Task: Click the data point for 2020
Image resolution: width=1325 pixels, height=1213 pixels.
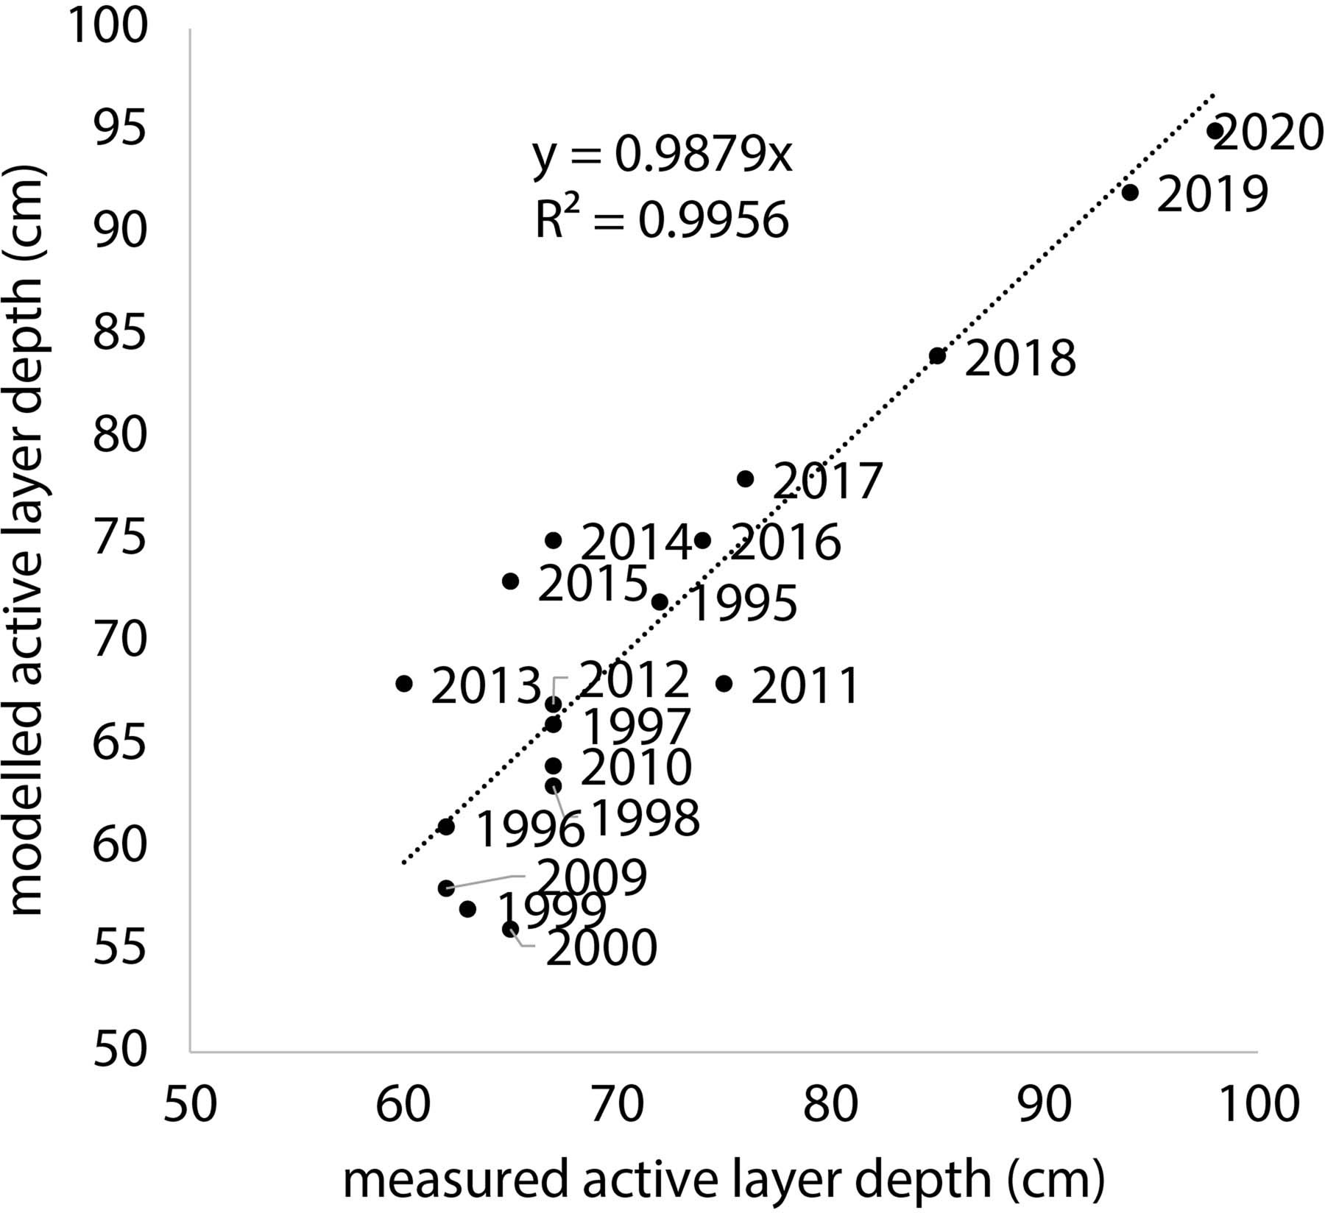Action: (1215, 131)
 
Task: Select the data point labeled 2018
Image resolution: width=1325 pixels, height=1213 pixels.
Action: (937, 356)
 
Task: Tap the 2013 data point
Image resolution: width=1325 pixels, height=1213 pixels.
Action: (404, 683)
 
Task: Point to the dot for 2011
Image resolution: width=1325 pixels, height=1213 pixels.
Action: (724, 683)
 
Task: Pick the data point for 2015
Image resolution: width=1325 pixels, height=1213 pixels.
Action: (510, 581)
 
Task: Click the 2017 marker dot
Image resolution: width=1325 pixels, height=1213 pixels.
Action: (745, 479)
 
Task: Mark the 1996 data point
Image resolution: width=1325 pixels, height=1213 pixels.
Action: (446, 827)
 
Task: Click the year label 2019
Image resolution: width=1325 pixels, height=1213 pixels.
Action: (1212, 195)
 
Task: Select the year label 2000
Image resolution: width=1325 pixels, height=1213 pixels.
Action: (601, 949)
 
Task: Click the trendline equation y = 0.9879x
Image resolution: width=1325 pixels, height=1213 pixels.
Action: (662, 155)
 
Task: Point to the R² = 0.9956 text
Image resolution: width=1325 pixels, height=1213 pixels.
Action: (662, 219)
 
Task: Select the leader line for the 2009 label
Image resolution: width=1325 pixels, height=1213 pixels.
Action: (486, 881)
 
